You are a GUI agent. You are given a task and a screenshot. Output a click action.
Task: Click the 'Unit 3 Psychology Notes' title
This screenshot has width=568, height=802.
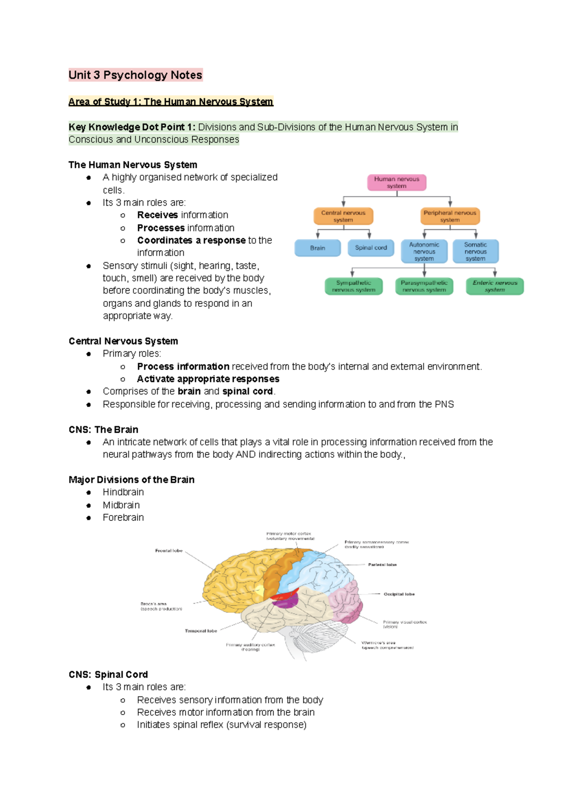135,75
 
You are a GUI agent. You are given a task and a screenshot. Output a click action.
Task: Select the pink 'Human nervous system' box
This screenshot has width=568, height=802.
397,182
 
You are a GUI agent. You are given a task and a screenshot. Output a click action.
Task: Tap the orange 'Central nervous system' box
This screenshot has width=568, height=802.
343,216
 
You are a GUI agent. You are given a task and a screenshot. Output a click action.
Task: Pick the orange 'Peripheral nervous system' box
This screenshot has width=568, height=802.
450,216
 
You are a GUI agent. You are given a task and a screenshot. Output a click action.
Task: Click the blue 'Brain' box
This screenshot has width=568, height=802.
318,248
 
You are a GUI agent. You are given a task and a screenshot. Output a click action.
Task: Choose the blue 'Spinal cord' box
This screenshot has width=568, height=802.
371,248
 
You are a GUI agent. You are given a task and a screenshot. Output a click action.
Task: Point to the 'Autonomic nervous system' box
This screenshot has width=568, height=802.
424,251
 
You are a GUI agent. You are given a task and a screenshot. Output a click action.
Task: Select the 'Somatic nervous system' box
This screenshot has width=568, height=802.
475,251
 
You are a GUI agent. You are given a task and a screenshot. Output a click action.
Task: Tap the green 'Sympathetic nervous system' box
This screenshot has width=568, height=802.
354,286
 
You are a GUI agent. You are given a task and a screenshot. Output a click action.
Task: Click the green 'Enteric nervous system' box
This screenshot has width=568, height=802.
495,286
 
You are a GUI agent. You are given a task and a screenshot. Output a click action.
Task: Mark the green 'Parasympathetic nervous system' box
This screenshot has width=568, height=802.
424,286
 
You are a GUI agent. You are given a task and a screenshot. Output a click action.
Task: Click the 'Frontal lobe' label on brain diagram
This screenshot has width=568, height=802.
169,551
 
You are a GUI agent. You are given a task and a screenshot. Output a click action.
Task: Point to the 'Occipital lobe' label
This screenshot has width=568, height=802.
399,594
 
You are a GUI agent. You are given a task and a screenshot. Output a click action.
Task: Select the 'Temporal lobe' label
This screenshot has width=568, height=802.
201,631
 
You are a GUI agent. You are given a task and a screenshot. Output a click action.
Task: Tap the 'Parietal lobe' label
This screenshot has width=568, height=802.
382,564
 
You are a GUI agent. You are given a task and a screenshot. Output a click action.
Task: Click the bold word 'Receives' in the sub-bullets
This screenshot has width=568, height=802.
157,215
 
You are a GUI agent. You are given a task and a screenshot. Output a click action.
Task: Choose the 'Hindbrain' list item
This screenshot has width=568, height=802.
123,492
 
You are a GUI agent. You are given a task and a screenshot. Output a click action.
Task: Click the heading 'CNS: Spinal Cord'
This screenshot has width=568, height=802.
108,674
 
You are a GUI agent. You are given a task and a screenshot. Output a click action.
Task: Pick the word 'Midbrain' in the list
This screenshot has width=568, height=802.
121,505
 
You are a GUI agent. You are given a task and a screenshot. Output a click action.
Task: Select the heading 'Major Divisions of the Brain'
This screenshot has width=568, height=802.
131,480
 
